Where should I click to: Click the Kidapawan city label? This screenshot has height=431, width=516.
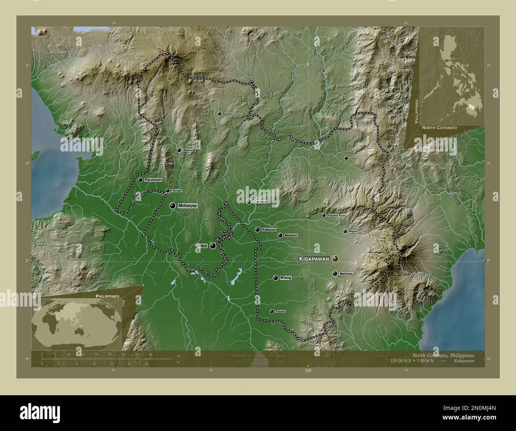(314, 259)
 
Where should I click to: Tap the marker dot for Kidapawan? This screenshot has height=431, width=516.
(336, 259)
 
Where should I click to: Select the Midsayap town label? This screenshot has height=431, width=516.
(188, 206)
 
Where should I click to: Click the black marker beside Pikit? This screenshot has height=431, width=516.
(213, 246)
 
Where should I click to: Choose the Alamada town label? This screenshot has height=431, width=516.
(189, 150)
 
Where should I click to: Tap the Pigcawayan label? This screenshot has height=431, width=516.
(153, 180)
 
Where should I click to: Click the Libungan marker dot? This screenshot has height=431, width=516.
(168, 191)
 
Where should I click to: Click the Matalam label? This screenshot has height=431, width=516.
(291, 235)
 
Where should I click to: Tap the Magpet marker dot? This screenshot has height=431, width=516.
(345, 231)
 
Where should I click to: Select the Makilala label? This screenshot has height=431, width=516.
(346, 274)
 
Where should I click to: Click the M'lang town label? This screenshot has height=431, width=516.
(286, 278)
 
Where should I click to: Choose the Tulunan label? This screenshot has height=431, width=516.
(280, 311)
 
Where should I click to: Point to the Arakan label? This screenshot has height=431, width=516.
(353, 158)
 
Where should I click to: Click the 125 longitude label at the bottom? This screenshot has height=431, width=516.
(308, 371)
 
